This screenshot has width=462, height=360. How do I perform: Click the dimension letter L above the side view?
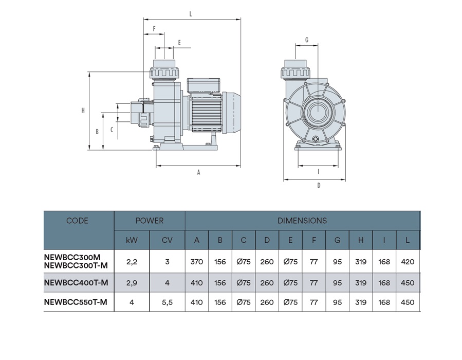[x=191, y=14]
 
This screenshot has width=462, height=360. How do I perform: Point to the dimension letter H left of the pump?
[x=83, y=111]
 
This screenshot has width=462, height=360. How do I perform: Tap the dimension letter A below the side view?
[x=198, y=173]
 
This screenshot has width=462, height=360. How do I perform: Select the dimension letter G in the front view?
[x=306, y=40]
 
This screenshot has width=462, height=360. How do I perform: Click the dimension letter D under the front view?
[x=319, y=186]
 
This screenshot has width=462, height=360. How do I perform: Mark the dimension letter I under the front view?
[x=319, y=172]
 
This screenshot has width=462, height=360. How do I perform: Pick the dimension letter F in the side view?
[x=154, y=29]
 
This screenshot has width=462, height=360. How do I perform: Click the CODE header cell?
[x=78, y=221]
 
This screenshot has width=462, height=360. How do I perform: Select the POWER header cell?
[x=149, y=221]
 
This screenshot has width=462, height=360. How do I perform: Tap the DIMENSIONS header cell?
[x=302, y=221]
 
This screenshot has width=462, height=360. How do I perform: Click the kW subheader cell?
[x=132, y=240]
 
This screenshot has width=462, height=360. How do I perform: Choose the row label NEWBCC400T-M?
[x=76, y=282]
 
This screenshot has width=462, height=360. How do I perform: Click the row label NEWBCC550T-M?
[x=76, y=302]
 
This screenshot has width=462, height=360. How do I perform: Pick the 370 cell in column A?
[x=196, y=262]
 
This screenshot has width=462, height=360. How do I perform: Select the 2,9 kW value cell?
[x=132, y=282]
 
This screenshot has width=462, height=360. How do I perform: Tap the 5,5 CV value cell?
[x=167, y=302]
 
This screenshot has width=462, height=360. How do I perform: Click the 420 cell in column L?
[x=407, y=262]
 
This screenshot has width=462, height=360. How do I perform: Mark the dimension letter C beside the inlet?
[x=112, y=130]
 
